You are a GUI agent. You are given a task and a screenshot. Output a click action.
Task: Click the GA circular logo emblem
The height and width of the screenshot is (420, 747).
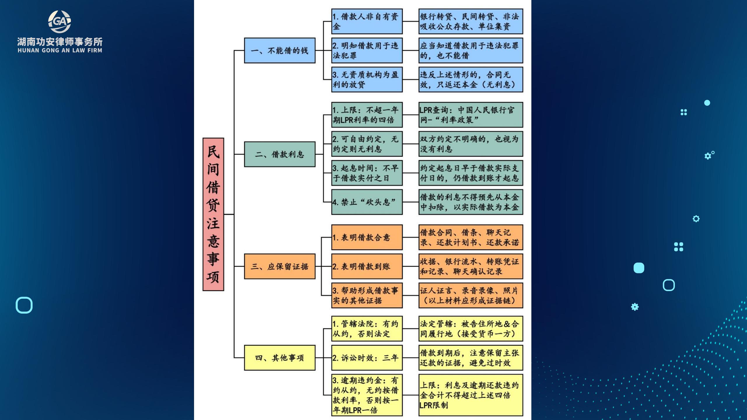click(x=60, y=22)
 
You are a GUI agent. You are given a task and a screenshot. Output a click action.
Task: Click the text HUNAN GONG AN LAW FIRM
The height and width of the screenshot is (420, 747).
click(x=60, y=50)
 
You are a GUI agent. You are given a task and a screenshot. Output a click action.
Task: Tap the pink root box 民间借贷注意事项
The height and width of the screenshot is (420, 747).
click(x=213, y=214)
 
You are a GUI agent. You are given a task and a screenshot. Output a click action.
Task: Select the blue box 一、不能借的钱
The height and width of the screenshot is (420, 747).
click(x=280, y=50)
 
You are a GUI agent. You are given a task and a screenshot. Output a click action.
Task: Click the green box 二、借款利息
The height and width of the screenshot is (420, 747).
click(x=280, y=154)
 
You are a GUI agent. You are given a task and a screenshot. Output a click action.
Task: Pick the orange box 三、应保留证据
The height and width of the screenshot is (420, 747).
click(x=280, y=266)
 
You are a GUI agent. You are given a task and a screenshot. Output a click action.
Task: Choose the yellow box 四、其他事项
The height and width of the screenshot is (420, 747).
click(x=280, y=358)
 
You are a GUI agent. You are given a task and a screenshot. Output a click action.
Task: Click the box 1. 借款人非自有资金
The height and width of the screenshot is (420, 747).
click(x=367, y=21)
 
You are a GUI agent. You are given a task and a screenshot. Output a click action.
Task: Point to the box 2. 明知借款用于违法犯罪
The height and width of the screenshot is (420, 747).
click(x=367, y=50)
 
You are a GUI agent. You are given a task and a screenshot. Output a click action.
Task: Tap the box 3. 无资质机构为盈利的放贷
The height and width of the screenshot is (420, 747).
click(x=367, y=80)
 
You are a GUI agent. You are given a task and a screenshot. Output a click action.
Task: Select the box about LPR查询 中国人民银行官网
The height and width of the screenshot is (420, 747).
click(x=471, y=115)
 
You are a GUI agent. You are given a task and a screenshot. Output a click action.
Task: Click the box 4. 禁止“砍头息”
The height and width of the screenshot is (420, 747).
click(x=367, y=202)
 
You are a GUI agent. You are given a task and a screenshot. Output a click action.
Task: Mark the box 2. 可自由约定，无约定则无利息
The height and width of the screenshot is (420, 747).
click(x=367, y=144)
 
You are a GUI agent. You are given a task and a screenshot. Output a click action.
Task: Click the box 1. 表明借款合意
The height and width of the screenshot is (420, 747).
click(x=367, y=237)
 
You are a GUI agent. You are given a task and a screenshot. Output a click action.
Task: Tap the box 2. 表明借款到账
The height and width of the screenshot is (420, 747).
click(x=367, y=266)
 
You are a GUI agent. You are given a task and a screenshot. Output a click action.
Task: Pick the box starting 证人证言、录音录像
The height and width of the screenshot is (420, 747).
click(x=471, y=295)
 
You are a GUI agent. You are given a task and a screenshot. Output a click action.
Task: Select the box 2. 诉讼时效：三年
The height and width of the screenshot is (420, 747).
click(x=367, y=358)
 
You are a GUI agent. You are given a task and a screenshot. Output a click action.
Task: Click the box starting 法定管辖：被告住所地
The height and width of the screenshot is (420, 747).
click(x=471, y=328)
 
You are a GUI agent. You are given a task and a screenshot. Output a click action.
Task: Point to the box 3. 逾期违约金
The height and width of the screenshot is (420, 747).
click(x=367, y=395)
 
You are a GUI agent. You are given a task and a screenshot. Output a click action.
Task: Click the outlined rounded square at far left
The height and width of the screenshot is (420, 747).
click(x=24, y=305)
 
